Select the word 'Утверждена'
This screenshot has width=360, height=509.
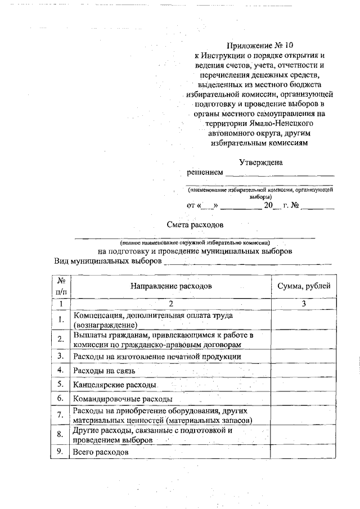(260, 162)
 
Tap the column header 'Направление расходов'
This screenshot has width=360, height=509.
(171, 286)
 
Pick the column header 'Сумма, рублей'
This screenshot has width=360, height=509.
(304, 286)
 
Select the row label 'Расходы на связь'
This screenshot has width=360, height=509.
(104, 370)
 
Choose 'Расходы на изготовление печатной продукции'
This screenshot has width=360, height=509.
(157, 356)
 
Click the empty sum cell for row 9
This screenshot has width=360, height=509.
(304, 451)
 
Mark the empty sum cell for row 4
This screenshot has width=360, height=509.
(304, 370)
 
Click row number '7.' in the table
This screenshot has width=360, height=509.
(61, 416)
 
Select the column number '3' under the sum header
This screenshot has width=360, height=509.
(304, 304)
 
